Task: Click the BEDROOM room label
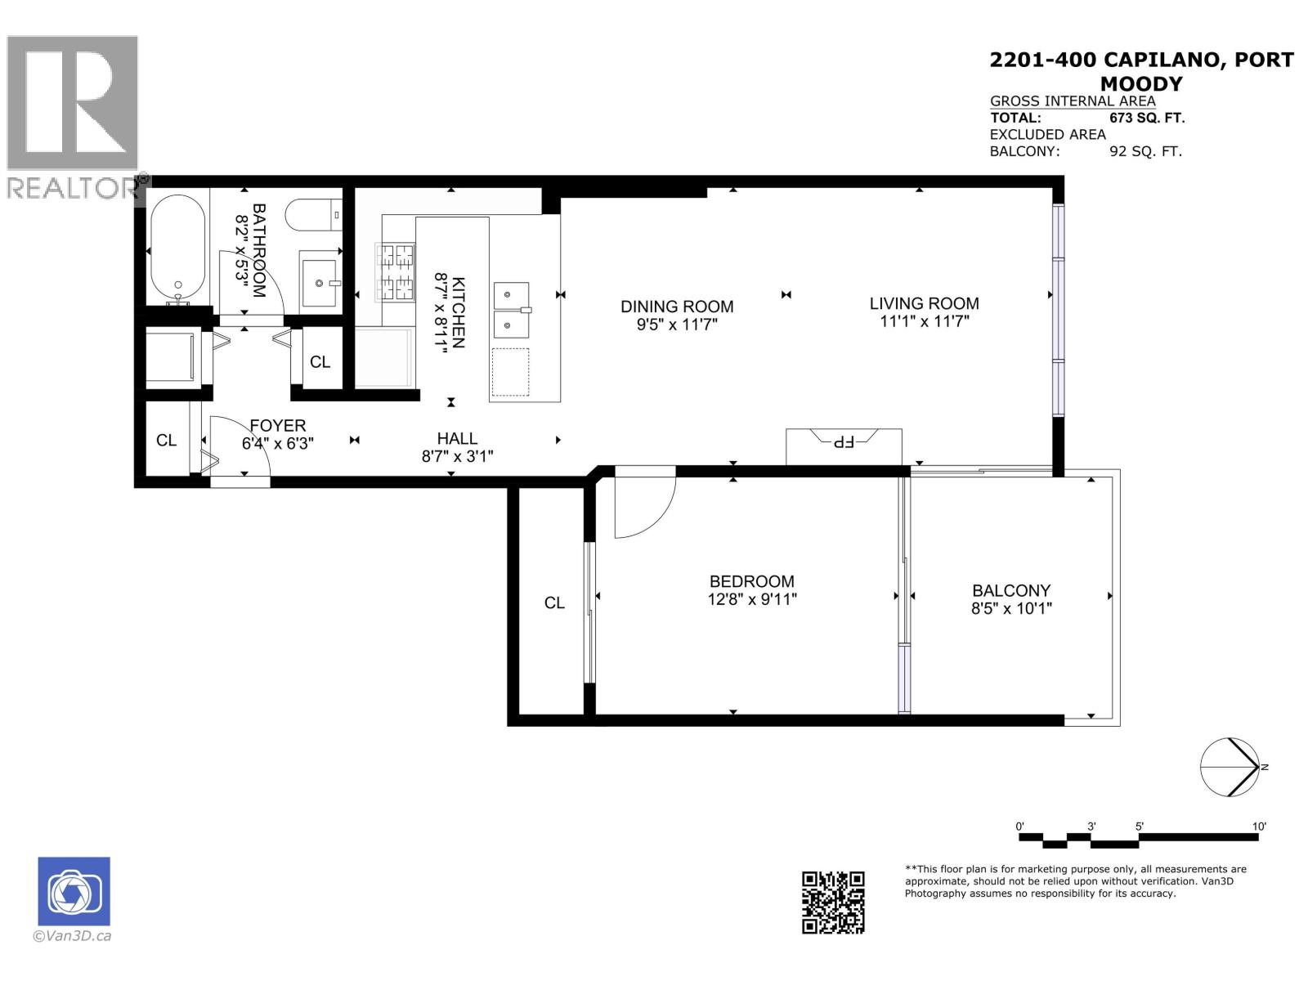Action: [x=751, y=581]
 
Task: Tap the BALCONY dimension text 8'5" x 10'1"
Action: [x=1011, y=608]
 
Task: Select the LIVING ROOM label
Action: [x=924, y=303]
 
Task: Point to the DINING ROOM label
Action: [x=677, y=307]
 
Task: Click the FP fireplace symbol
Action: [x=843, y=442]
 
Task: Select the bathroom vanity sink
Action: [x=320, y=281]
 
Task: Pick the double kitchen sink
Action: [x=512, y=310]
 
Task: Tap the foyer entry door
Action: [x=240, y=446]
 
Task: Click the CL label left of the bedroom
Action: [x=554, y=602]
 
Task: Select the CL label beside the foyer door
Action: [x=167, y=441]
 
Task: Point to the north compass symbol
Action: [x=1230, y=767]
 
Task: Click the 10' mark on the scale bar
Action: [x=1259, y=826]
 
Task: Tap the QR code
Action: [x=833, y=902]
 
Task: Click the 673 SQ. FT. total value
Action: [x=1153, y=118]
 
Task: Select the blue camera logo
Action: [x=74, y=891]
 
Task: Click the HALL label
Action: [x=457, y=439]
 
